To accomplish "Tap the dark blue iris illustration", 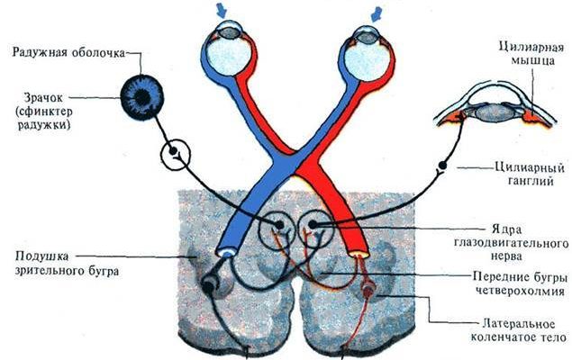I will click(x=143, y=94).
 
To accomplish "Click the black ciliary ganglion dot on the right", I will click(x=443, y=166).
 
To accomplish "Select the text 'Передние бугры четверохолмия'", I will click(x=517, y=283).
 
